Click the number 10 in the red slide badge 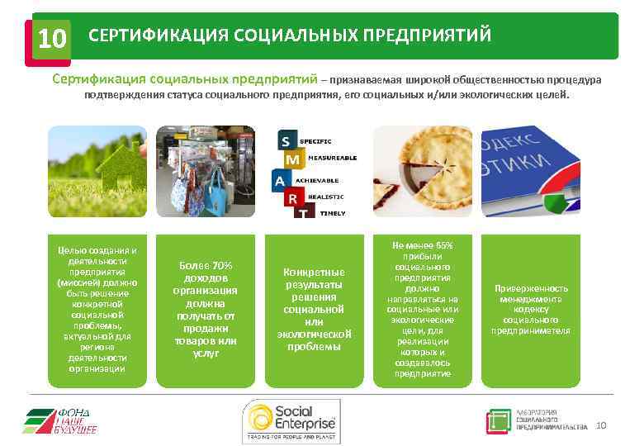pos(51,39)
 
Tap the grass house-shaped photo pos(97,170)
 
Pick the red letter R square pos(291,198)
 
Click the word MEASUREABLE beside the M pos(333,157)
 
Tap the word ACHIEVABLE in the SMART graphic pos(329,179)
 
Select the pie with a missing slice pos(422,170)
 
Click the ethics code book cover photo pos(530,170)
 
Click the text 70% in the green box pos(219,265)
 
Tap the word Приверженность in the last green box pos(531,288)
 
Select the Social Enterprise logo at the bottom pos(291,420)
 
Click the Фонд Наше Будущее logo pos(61,420)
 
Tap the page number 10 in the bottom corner pos(600,425)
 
